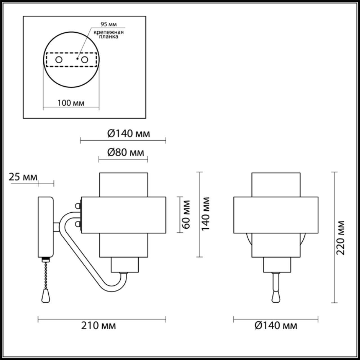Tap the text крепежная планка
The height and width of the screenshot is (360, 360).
pos(109,34)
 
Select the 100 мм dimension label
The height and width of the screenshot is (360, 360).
pos(71,103)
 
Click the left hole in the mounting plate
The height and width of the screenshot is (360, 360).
pos(59,60)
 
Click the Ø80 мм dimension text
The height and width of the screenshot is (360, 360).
pos(125,152)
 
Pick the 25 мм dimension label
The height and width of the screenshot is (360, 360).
pos(23,177)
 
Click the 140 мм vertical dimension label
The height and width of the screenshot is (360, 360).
pos(206,214)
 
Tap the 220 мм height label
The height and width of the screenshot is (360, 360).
pos(341,238)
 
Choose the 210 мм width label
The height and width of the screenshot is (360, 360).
pos(98,325)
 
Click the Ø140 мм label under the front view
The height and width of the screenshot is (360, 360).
pos(276,325)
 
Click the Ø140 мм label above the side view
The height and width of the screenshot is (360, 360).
pos(129,133)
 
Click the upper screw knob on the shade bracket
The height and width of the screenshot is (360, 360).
pos(78,206)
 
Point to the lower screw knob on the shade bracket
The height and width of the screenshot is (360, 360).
pos(78,224)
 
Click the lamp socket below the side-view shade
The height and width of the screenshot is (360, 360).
pos(125,265)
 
